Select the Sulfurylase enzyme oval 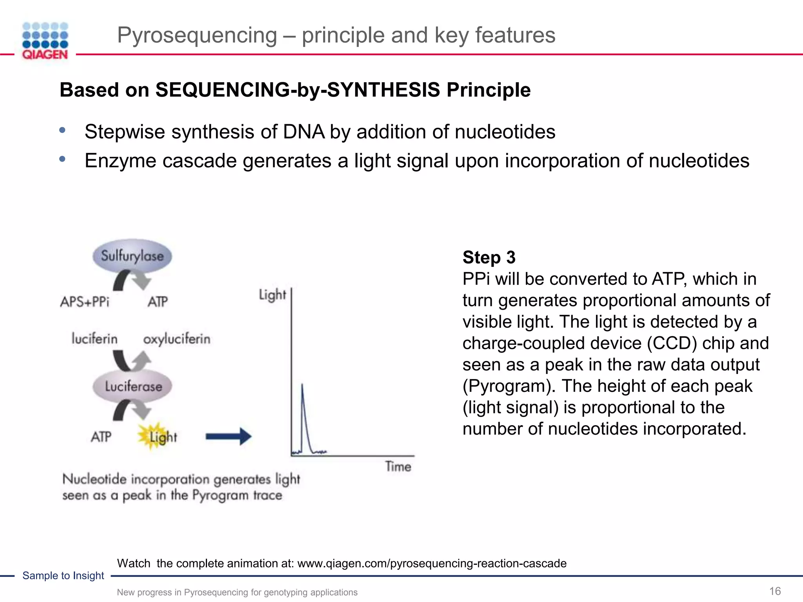pos(133,256)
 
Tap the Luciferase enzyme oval pos(133,386)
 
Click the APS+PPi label pos(85,302)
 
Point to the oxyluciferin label pos(176,339)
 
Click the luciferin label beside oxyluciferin pos(94,339)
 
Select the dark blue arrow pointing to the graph pos(229,436)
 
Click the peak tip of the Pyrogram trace pos(302,385)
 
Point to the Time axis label pos(398,466)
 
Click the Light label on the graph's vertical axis pos(272,295)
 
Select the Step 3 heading pos(489,257)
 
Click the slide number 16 pos(775,591)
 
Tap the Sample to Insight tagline pos(63,575)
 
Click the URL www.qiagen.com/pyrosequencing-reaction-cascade pos(432,563)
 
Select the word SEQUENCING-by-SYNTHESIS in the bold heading pos(298,90)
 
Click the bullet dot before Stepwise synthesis pos(62,130)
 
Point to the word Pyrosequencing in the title pos(197,35)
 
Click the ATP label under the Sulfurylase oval pos(158,302)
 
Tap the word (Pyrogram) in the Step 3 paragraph pos(509,386)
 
